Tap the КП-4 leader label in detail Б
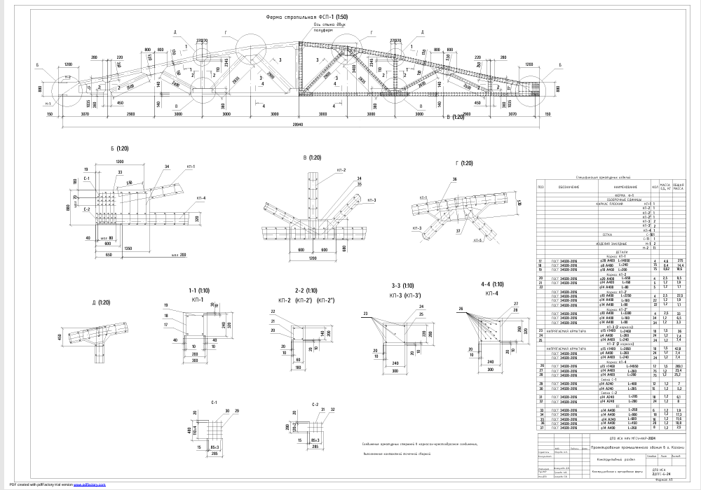200,198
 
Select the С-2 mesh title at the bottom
304,405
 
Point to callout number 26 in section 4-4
461,309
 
